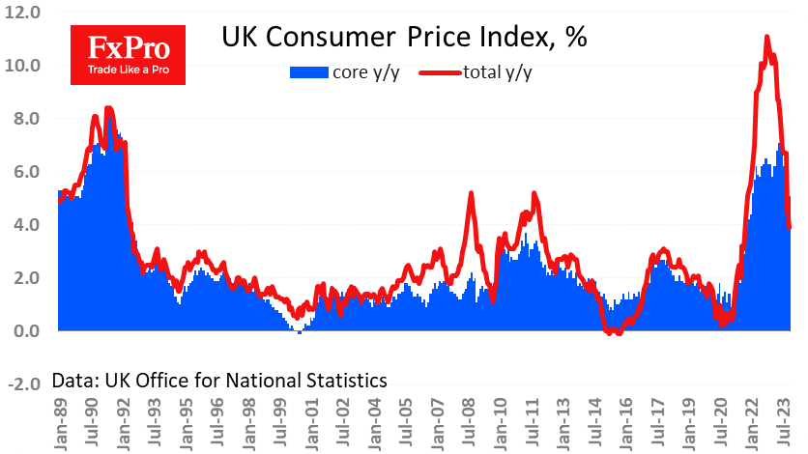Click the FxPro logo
pyautogui.click(x=130, y=54)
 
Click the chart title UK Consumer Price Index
pyautogui.click(x=404, y=39)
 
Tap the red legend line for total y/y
pyautogui.click(x=439, y=72)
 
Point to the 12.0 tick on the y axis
pyautogui.click(x=21, y=13)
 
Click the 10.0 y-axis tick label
pyautogui.click(x=21, y=66)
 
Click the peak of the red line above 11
pyautogui.click(x=766, y=38)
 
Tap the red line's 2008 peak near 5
pyautogui.click(x=471, y=194)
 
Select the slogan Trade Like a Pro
pyautogui.click(x=130, y=70)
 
